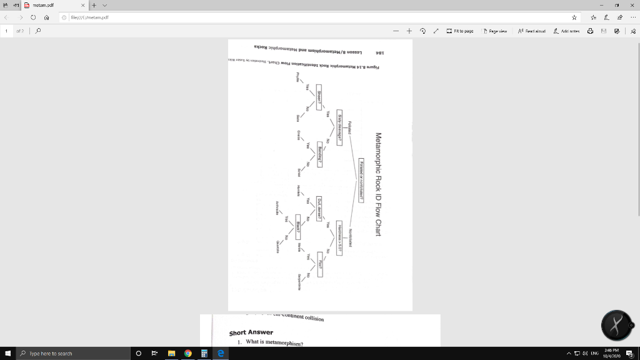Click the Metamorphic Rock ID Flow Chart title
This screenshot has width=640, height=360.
pos(378,184)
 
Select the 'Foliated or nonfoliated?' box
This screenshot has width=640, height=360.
pos(362,179)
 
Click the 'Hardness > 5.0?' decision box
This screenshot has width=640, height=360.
pos(340,237)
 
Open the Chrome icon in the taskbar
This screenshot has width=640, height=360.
pos(187,353)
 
